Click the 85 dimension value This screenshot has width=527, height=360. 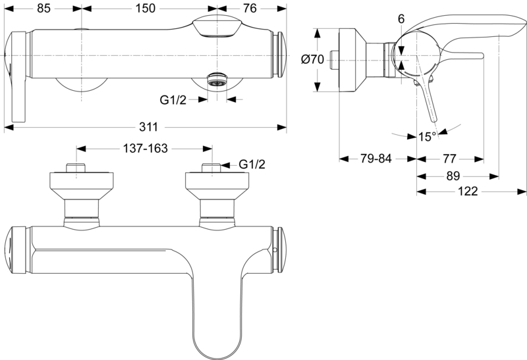(43, 9)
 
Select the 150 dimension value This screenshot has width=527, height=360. (145, 9)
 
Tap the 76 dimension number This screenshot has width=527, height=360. (250, 9)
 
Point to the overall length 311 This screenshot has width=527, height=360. (148, 127)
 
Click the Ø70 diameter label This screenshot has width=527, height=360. (312, 59)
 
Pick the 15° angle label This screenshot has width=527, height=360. (427, 137)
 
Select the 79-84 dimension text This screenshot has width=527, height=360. (376, 159)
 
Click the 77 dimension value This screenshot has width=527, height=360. (449, 159)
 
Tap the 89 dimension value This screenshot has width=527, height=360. (453, 176)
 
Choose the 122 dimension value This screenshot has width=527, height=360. (468, 192)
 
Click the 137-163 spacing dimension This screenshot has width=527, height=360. (145, 148)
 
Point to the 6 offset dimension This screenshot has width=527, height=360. (401, 19)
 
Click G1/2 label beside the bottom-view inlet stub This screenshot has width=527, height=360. (252, 165)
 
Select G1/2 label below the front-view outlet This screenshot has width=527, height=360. (173, 100)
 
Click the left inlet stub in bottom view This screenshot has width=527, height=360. (76, 168)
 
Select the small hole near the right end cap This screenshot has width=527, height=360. (275, 250)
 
